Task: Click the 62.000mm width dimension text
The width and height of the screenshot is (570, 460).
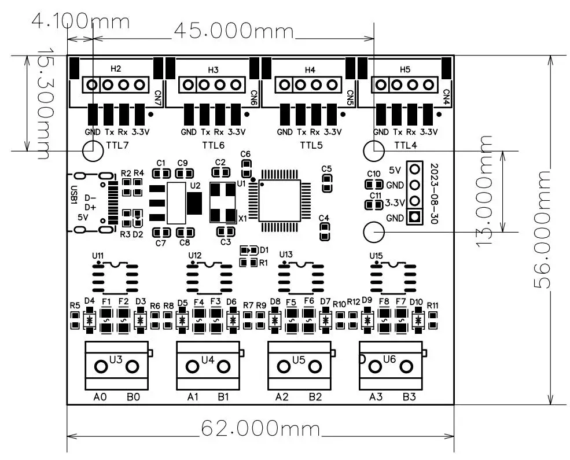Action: (260, 428)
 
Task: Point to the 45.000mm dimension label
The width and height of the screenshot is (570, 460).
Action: (233, 31)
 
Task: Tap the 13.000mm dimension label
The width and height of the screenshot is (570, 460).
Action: (485, 192)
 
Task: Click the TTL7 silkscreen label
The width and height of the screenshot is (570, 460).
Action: (117, 145)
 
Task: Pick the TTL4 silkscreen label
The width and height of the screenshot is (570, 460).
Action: (406, 145)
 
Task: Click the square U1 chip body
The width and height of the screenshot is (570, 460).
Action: (280, 201)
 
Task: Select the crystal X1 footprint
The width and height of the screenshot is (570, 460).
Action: (223, 203)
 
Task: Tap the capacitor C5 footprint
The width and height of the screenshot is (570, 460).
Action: (327, 183)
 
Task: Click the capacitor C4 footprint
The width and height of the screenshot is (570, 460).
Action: (324, 231)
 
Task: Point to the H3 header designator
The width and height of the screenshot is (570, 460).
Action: (213, 70)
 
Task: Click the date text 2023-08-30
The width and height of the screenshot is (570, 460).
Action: (434, 194)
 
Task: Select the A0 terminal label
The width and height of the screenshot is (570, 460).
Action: (100, 397)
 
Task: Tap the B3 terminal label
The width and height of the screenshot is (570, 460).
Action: (409, 397)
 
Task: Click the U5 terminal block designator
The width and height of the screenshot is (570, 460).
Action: (299, 360)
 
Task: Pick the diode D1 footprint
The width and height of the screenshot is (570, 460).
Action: (249, 251)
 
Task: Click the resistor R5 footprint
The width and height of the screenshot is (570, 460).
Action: (75, 320)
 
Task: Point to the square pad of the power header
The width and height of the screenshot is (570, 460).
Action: (415, 217)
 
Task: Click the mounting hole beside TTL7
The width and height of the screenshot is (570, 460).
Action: (93, 150)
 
